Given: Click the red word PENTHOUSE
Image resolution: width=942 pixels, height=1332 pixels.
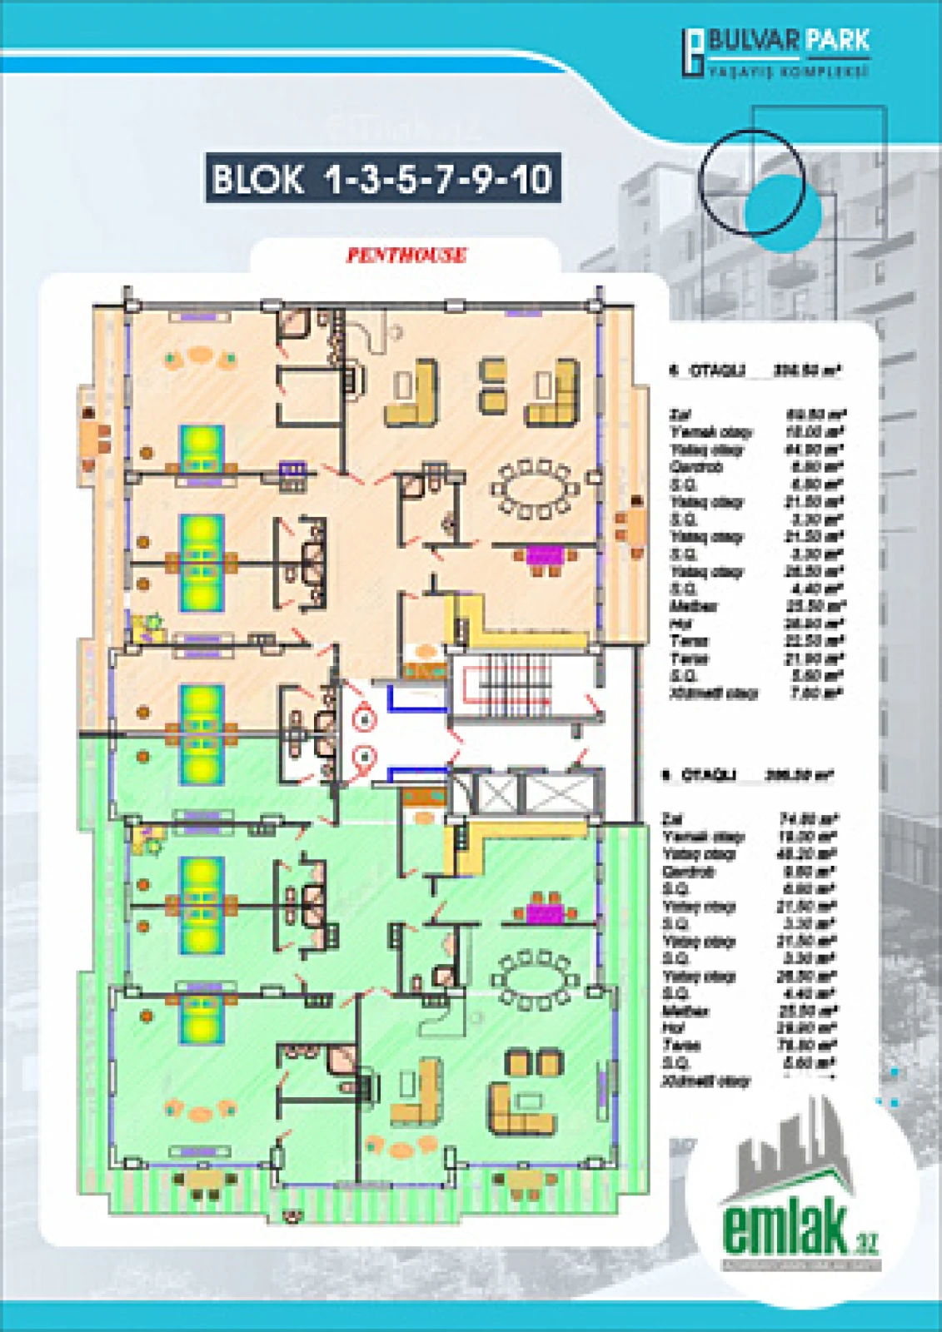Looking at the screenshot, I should (x=406, y=256).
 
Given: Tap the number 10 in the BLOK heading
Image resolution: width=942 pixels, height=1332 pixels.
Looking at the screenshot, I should (x=531, y=178).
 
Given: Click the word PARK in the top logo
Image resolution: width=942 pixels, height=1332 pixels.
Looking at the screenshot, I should (x=838, y=40).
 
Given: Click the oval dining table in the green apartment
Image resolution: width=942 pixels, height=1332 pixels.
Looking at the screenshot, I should (x=533, y=977).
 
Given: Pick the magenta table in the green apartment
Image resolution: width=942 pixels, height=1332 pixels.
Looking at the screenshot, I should (x=546, y=913).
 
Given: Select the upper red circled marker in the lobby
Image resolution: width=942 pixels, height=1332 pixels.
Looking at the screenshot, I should (x=364, y=718).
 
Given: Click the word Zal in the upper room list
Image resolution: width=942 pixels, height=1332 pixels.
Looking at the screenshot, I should (x=676, y=414).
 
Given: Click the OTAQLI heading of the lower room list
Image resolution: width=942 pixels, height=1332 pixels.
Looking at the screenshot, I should (x=708, y=775).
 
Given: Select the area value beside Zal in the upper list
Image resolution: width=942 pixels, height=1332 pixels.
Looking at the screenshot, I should (x=815, y=414).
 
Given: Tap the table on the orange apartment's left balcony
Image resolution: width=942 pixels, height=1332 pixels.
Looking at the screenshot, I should (x=91, y=439).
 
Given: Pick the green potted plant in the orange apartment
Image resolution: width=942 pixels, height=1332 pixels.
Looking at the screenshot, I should (x=152, y=621).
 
